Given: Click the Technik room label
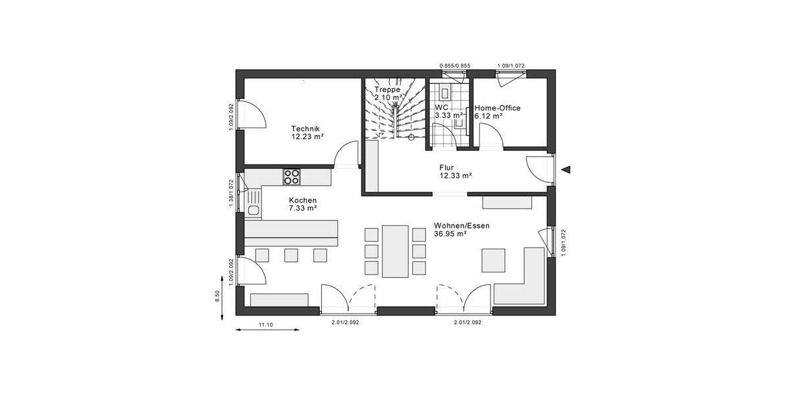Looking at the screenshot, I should coord(305,128).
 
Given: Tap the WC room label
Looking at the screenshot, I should coord(441,107).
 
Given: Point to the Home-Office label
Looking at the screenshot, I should coord(498,107).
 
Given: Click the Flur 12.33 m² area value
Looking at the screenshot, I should coord(456,176).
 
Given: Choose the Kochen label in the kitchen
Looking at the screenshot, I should coord(303,200).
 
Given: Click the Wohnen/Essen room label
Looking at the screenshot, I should coord(461,225).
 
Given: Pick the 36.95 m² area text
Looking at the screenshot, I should coord(450,234).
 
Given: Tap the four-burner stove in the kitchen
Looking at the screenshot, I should coord(291,176).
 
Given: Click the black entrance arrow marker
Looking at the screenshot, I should coord(566,170).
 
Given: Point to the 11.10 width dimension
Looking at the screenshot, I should coord(265,325).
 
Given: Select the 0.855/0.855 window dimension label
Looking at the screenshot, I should coord(455,66).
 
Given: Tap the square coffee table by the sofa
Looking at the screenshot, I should coord(494,260).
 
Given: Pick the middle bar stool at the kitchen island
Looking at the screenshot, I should coord(291,255).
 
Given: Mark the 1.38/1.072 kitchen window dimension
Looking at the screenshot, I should coord(231,194).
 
